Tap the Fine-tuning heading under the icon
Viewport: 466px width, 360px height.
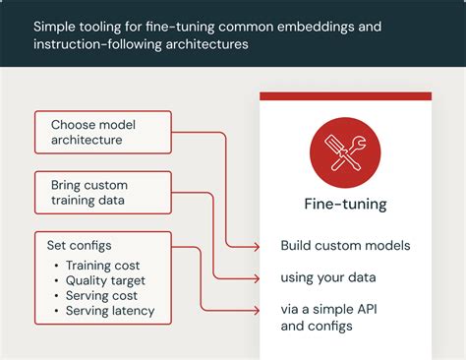click(x=345, y=205)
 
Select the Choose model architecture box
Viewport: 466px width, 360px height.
click(x=101, y=133)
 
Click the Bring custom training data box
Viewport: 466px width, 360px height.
click(x=101, y=193)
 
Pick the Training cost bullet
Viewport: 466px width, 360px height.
click(x=102, y=266)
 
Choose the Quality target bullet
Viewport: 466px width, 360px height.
click(x=104, y=281)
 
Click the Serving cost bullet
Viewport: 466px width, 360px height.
click(x=100, y=296)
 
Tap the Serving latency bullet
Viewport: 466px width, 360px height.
click(x=109, y=312)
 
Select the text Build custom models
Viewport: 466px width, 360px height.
click(x=345, y=245)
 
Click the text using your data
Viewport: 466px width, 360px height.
click(x=328, y=277)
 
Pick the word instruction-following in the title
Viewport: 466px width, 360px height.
click(x=99, y=45)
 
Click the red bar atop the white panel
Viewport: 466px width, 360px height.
click(x=345, y=96)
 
